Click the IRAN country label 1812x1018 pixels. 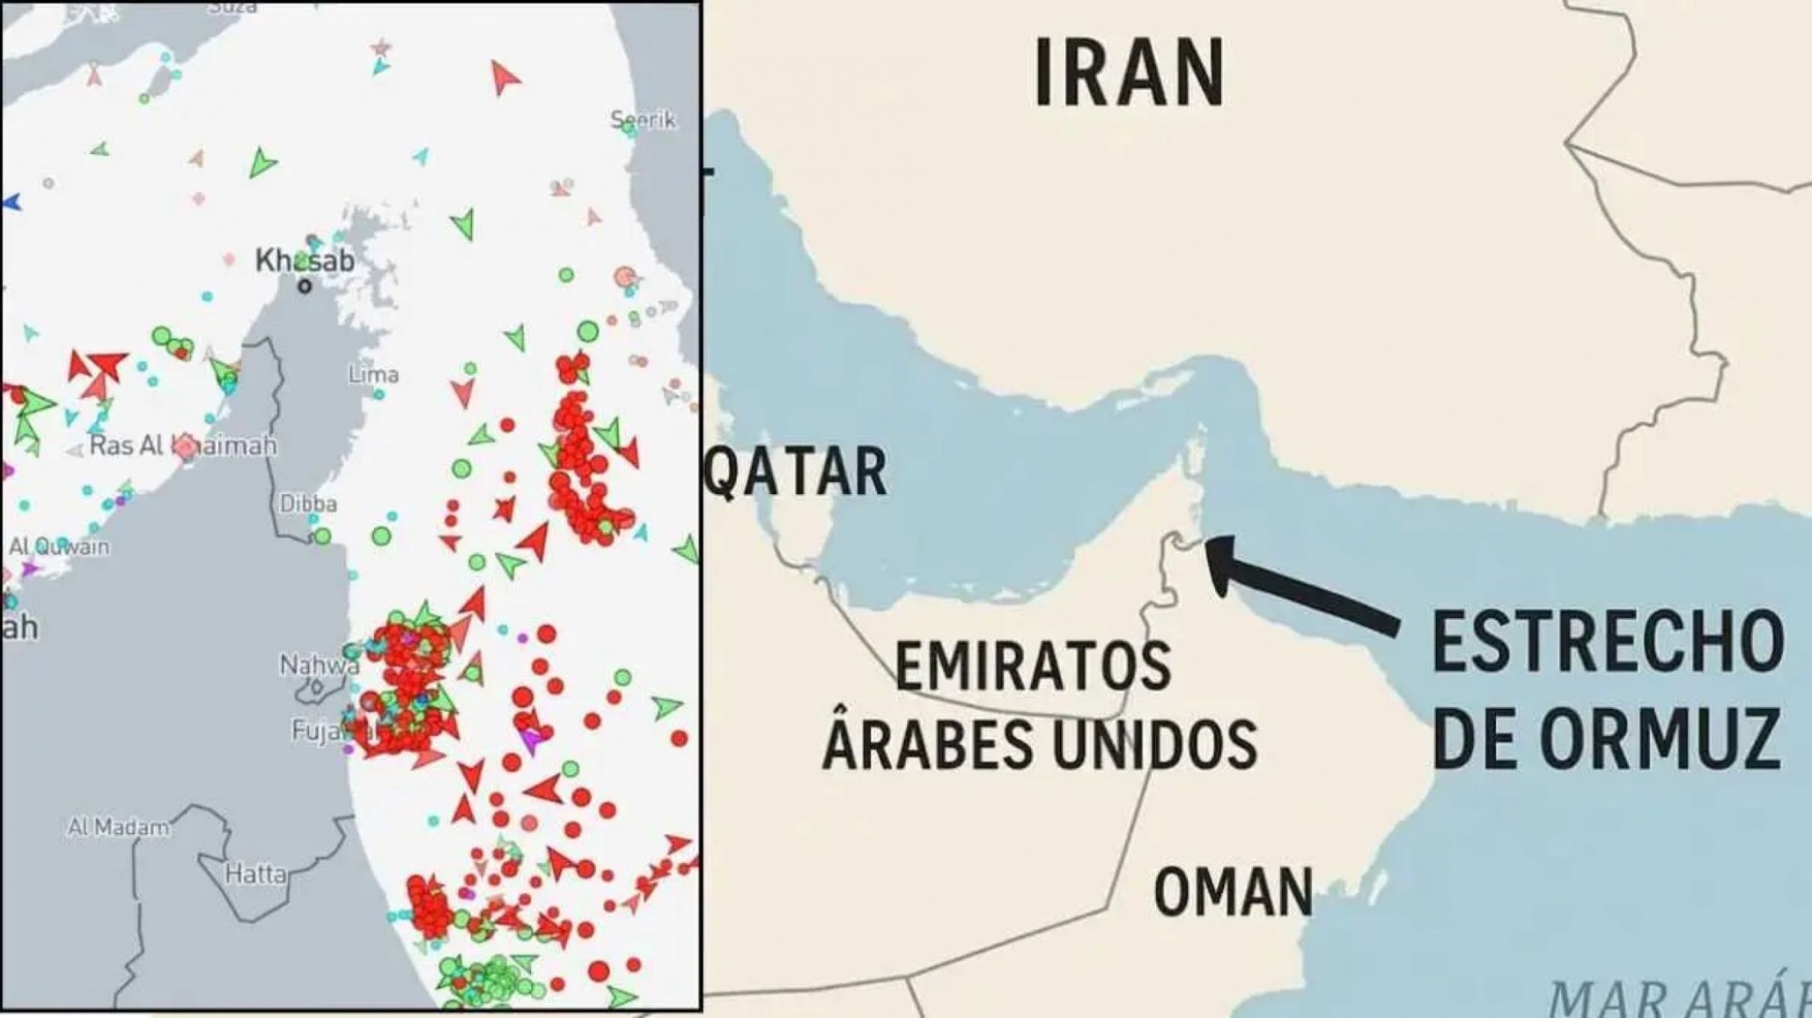click(x=1128, y=75)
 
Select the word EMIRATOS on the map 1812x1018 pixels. click(x=1033, y=667)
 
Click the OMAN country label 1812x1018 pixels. click(x=1233, y=891)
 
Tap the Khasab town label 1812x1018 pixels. click(x=305, y=261)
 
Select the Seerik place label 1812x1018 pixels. click(x=644, y=120)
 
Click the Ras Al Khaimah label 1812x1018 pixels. click(x=183, y=446)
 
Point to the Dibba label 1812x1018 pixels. click(x=308, y=504)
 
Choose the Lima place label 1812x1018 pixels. click(x=373, y=375)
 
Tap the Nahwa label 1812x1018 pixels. click(x=319, y=666)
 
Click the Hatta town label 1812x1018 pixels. click(x=255, y=874)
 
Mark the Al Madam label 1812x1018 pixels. click(x=118, y=828)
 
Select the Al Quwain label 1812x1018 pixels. click(x=60, y=547)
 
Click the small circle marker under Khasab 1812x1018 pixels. click(x=305, y=285)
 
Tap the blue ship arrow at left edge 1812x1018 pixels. click(x=11, y=203)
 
